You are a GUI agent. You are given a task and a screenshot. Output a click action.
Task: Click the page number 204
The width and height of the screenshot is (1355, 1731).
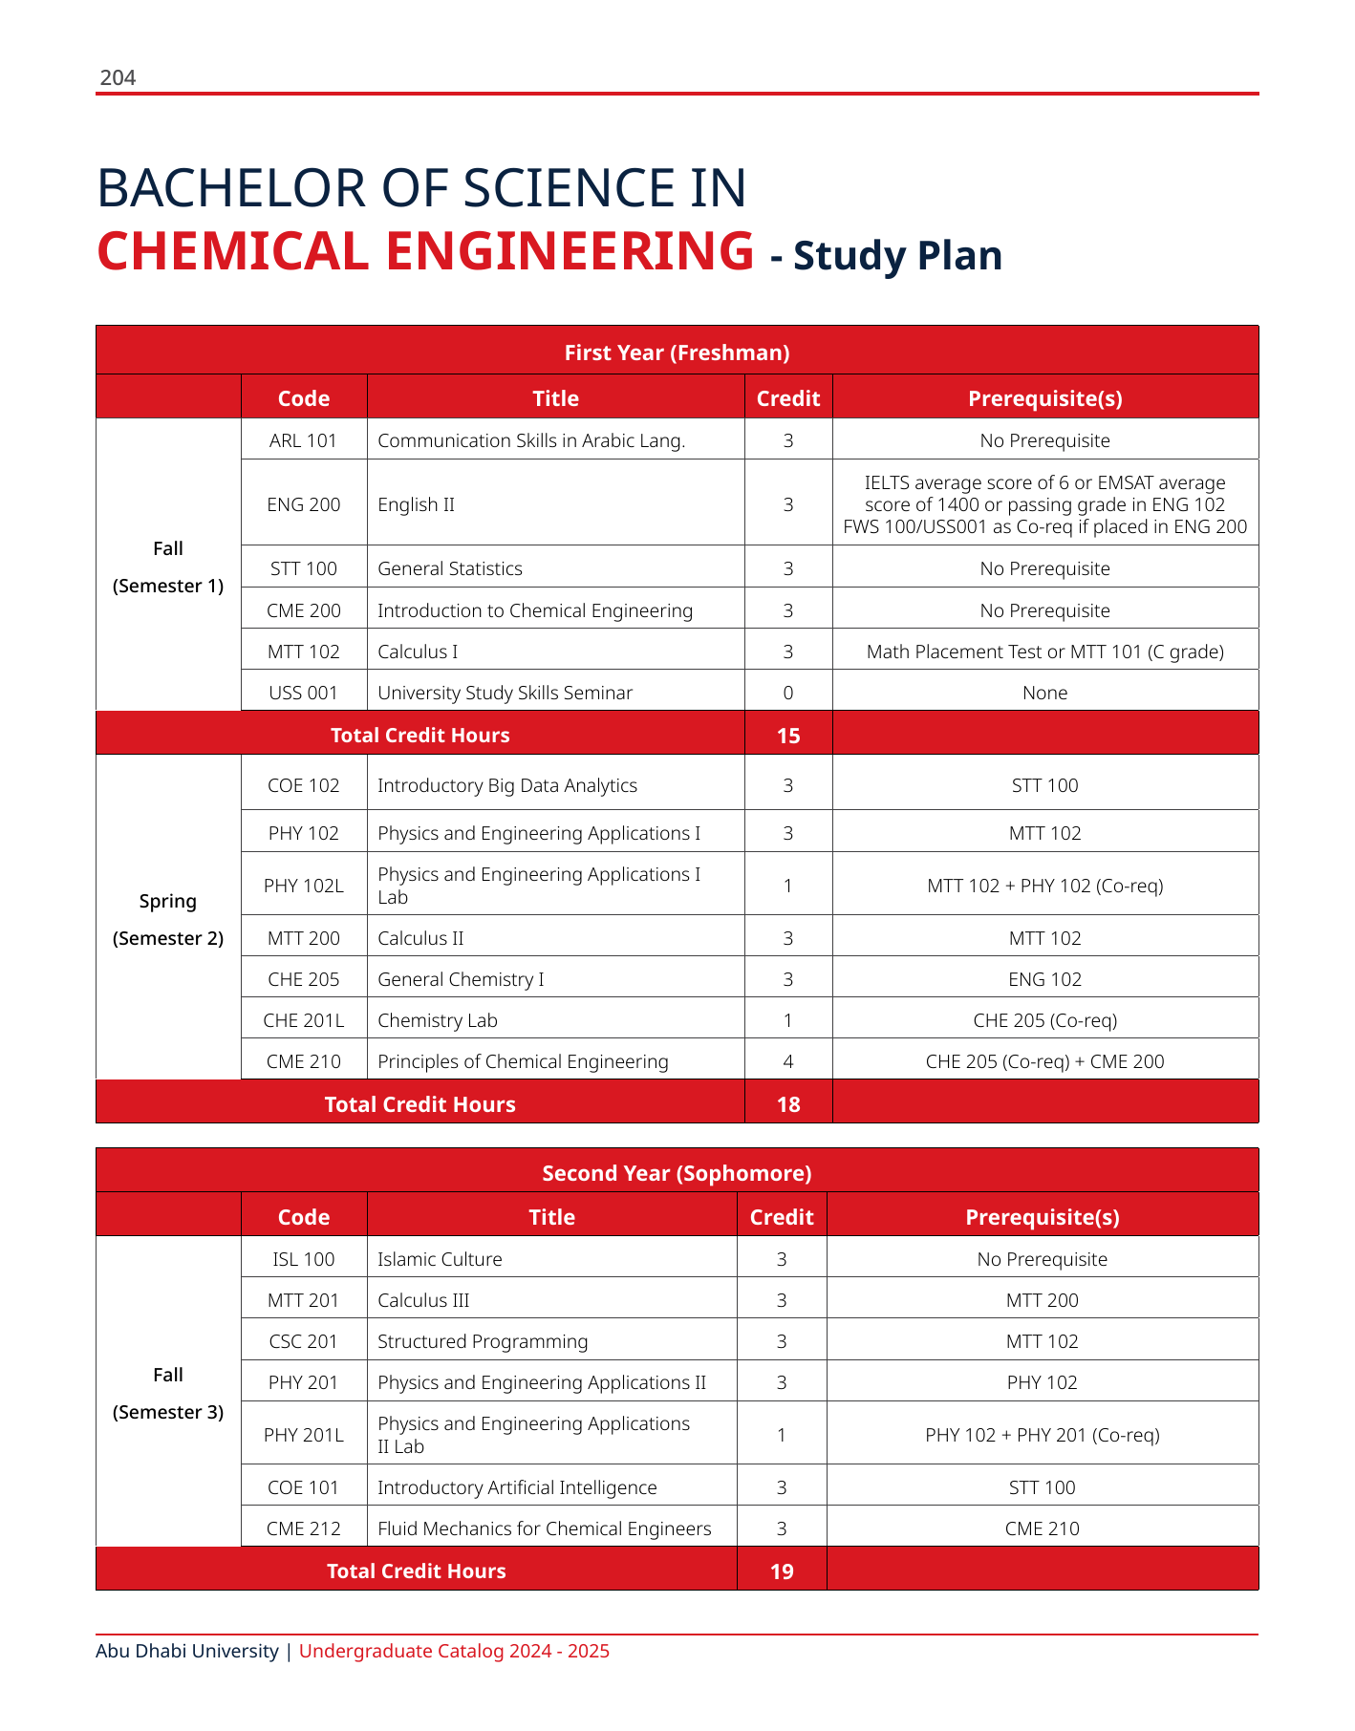(x=118, y=78)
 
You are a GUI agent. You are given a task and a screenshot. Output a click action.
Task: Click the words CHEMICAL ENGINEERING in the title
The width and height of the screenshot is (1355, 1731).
(x=425, y=251)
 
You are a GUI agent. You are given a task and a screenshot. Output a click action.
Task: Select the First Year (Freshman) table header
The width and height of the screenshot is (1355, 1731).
(x=677, y=353)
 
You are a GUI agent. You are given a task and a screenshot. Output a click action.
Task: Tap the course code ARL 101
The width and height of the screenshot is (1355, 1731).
(x=304, y=440)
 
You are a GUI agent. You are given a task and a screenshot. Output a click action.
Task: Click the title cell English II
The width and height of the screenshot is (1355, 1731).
(x=417, y=504)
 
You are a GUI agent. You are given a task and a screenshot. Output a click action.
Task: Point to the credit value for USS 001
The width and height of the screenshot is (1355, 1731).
(x=787, y=693)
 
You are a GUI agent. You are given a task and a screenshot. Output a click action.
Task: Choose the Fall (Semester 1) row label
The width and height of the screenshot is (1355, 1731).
(x=168, y=566)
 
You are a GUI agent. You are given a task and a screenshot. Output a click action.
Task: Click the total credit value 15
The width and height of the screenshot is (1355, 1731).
(x=788, y=736)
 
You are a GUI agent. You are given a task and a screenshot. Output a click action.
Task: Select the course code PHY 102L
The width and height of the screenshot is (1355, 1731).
(x=304, y=886)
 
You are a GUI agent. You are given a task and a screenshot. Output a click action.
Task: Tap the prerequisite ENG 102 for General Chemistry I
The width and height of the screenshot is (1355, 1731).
(x=1044, y=979)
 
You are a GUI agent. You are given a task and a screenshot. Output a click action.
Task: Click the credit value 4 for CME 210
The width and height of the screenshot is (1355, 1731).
(x=787, y=1061)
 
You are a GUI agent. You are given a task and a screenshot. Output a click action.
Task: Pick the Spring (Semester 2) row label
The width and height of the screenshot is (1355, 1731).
(x=168, y=919)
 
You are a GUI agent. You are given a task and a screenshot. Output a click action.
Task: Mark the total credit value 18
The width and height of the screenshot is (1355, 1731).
(x=788, y=1104)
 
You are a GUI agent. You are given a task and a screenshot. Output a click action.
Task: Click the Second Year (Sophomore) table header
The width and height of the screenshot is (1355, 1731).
(x=677, y=1173)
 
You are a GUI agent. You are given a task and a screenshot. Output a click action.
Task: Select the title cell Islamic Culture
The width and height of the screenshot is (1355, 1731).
(x=440, y=1259)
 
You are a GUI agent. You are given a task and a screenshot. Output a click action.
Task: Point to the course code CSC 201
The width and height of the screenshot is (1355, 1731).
(x=304, y=1341)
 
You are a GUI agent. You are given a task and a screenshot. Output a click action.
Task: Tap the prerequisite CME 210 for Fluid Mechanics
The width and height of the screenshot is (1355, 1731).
(x=1042, y=1528)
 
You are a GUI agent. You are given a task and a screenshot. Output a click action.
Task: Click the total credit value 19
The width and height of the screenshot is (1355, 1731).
(x=782, y=1571)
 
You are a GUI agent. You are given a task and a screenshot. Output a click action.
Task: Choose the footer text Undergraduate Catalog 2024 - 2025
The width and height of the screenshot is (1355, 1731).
(x=454, y=1651)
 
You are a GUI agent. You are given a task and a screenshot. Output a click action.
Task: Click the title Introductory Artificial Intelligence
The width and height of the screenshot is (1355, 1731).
(x=517, y=1487)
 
